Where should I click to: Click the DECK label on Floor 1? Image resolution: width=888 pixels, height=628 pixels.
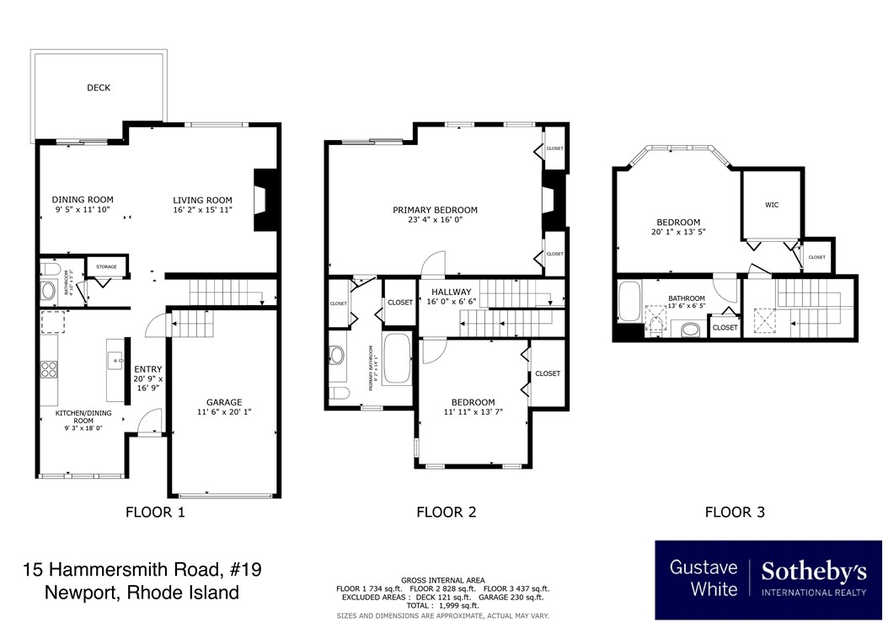pos(99,88)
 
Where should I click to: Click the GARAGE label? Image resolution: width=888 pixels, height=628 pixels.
pos(224,402)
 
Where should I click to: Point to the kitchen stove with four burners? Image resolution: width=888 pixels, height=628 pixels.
pos(49,368)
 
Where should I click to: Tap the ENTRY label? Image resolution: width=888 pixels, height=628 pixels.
pos(148,369)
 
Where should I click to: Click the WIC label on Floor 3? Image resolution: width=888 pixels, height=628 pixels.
pos(772,205)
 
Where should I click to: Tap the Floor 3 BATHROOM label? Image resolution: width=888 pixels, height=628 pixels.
pos(687,298)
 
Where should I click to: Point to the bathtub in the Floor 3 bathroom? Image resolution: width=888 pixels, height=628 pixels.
pos(629,303)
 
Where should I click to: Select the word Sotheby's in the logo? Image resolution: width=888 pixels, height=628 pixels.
pos(814,572)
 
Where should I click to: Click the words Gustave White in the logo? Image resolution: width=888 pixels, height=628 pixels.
pos(703,578)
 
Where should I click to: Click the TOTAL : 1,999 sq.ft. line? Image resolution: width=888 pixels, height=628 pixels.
pos(442,605)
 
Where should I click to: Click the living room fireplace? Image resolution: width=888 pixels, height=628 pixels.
pos(265,199)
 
